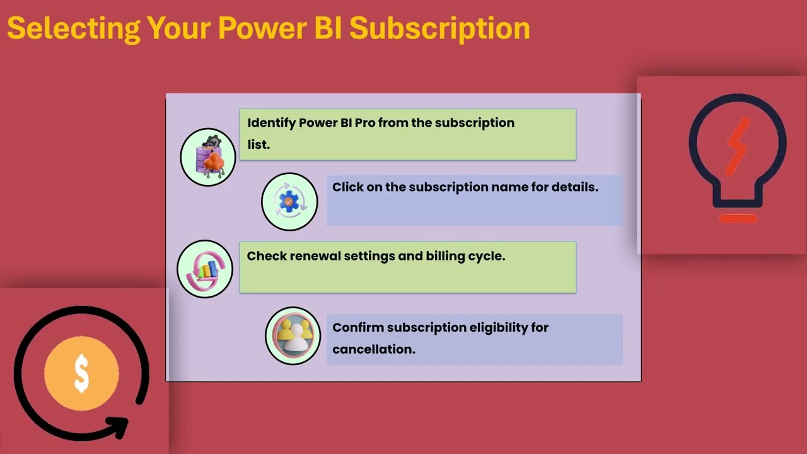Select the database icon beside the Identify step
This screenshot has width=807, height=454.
pos(208,157)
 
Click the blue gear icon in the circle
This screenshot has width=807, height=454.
pos(289,202)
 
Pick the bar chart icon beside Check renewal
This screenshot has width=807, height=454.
pos(205,269)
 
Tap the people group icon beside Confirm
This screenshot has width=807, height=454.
pos(293,336)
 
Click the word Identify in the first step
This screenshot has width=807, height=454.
pos(271,123)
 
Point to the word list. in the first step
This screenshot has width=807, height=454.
pos(258,144)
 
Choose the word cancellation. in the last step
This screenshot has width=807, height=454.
pos(374,349)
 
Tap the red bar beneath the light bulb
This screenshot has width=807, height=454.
pos(738,219)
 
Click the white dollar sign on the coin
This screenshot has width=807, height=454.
pos(81,373)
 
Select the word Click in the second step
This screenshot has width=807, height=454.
pos(348,187)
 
